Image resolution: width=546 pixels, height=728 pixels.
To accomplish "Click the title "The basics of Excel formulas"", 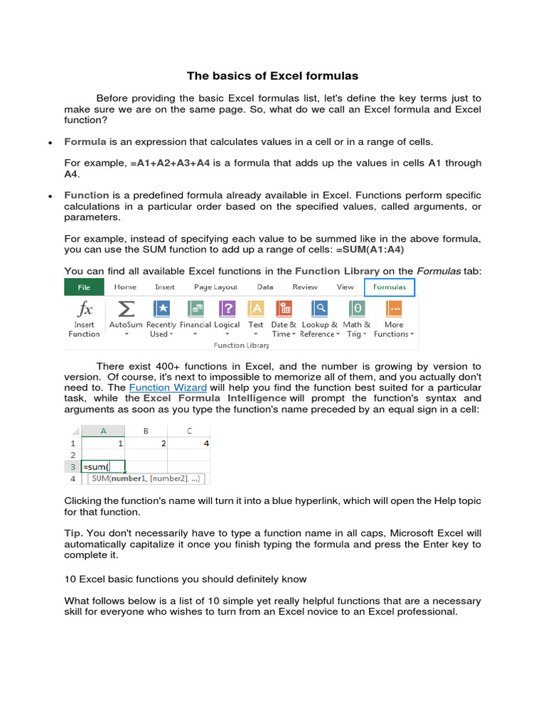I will [x=272, y=75].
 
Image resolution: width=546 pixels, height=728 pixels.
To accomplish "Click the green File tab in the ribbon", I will [x=84, y=287].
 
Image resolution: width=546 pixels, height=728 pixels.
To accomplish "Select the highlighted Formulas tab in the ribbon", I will [x=390, y=287].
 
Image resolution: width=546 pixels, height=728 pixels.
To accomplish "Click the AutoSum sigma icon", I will [x=126, y=309].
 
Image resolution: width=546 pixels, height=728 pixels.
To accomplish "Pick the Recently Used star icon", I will [x=161, y=309].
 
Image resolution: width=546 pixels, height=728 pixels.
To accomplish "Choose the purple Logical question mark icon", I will [x=227, y=309].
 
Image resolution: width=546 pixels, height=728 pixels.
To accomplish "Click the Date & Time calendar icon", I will [x=284, y=309].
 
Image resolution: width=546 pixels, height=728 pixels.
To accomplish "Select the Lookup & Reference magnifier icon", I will [x=319, y=309].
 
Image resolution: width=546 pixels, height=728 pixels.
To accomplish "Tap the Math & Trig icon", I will [x=357, y=309].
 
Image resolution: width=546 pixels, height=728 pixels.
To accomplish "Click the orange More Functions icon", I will [x=394, y=309].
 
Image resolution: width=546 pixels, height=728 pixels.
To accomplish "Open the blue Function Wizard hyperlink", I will [x=168, y=387].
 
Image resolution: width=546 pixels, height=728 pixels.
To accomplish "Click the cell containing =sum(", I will [x=103, y=467].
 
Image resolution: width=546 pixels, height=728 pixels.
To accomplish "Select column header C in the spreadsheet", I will [x=189, y=430].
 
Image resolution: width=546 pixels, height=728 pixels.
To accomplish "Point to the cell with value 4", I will [x=189, y=443].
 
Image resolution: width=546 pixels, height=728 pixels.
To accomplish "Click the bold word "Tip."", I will [x=74, y=532].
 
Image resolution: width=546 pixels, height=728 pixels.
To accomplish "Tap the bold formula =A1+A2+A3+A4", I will [x=170, y=163].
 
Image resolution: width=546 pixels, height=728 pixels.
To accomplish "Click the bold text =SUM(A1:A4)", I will [x=365, y=250].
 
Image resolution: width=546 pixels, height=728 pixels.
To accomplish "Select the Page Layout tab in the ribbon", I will [x=216, y=287].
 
